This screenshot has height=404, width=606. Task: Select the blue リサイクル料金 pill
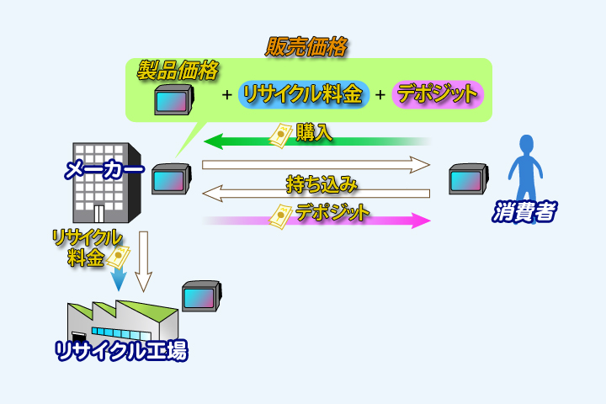tap(304, 94)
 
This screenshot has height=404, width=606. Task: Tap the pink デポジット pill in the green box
tap(438, 94)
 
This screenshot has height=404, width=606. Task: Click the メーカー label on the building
tap(104, 171)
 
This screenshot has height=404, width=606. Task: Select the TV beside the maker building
tap(169, 179)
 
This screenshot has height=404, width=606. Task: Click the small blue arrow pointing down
tap(119, 279)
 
